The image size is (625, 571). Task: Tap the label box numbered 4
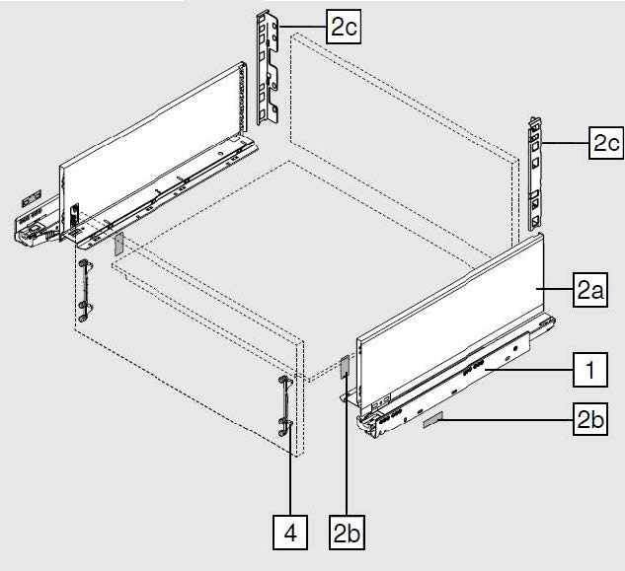(x=290, y=534)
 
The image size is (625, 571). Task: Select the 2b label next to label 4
(x=348, y=534)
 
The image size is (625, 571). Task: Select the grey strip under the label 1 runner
(x=433, y=420)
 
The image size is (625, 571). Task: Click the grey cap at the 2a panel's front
(x=346, y=367)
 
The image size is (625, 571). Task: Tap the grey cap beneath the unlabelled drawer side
(x=117, y=244)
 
